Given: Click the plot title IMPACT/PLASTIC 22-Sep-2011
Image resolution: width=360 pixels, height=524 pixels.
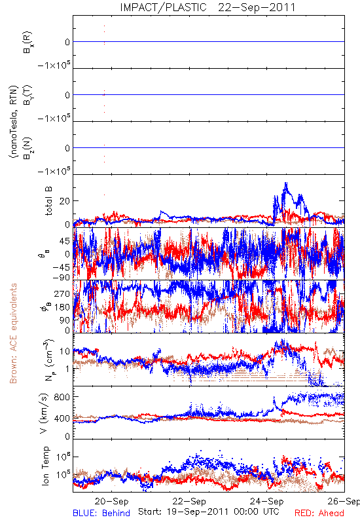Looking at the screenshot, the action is point(207,7).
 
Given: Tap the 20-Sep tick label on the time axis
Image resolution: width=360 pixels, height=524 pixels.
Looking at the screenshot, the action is point(111,501).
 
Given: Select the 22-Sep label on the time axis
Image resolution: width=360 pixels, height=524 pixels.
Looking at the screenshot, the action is point(189,501).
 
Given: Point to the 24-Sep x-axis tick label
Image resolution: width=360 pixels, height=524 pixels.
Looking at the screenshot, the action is point(267,501).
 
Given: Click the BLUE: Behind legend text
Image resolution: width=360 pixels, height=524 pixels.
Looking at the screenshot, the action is point(101,513).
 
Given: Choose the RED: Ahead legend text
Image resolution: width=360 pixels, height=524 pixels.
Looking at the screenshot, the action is point(319,513).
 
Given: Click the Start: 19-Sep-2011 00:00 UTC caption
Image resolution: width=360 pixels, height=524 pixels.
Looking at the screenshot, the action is point(209,512).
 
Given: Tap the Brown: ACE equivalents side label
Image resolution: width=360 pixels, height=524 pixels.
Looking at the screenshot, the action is point(13,333).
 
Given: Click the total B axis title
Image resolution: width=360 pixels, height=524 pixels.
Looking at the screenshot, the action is point(48,201).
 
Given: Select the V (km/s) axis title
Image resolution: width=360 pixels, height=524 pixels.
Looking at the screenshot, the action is point(44,413).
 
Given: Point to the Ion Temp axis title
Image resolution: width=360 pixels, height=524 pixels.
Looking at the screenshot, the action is point(45,466).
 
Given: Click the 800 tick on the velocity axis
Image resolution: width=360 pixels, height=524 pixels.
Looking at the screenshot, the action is point(62,397).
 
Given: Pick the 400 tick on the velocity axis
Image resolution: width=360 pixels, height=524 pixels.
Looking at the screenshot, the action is point(62,418).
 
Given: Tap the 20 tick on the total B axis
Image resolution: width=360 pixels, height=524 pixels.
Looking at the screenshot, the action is point(65,201).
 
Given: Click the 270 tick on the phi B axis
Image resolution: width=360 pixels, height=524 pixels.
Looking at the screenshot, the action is point(62,293).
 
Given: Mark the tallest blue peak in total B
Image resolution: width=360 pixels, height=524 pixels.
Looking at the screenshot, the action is point(286,183).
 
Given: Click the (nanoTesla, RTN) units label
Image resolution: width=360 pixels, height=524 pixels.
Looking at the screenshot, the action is point(13,122).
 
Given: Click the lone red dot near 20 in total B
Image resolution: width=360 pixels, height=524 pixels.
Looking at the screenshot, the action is point(104,195).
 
